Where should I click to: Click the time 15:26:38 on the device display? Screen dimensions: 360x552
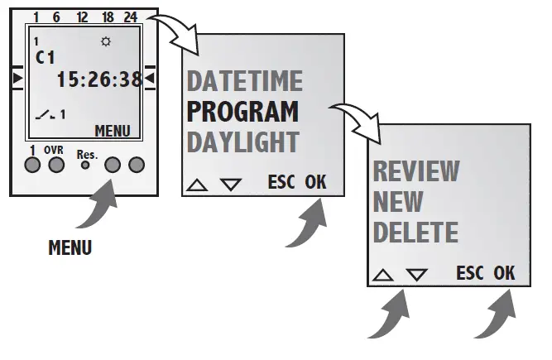point(98,79)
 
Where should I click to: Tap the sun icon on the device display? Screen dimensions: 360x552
point(105,41)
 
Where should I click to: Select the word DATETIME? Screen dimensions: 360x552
point(245,82)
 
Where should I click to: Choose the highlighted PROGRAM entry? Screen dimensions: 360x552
point(243,111)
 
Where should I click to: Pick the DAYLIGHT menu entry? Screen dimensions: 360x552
point(243,141)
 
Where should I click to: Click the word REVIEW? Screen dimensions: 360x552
point(415,171)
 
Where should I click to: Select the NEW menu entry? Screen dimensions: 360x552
point(398,201)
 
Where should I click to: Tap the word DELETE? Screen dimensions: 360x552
point(415,232)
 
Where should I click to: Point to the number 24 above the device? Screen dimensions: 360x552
point(129,16)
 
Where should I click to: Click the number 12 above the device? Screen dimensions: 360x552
point(82,16)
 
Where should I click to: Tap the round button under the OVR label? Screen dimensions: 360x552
point(55,165)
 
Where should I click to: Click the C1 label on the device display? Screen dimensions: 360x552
point(45,58)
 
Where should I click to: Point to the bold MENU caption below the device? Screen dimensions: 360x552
point(70,247)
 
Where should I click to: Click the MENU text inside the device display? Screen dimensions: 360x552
point(113,130)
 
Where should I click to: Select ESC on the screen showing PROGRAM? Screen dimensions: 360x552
point(282,182)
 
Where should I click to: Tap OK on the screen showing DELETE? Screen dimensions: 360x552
point(504,272)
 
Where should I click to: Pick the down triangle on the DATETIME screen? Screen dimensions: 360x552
point(231,184)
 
